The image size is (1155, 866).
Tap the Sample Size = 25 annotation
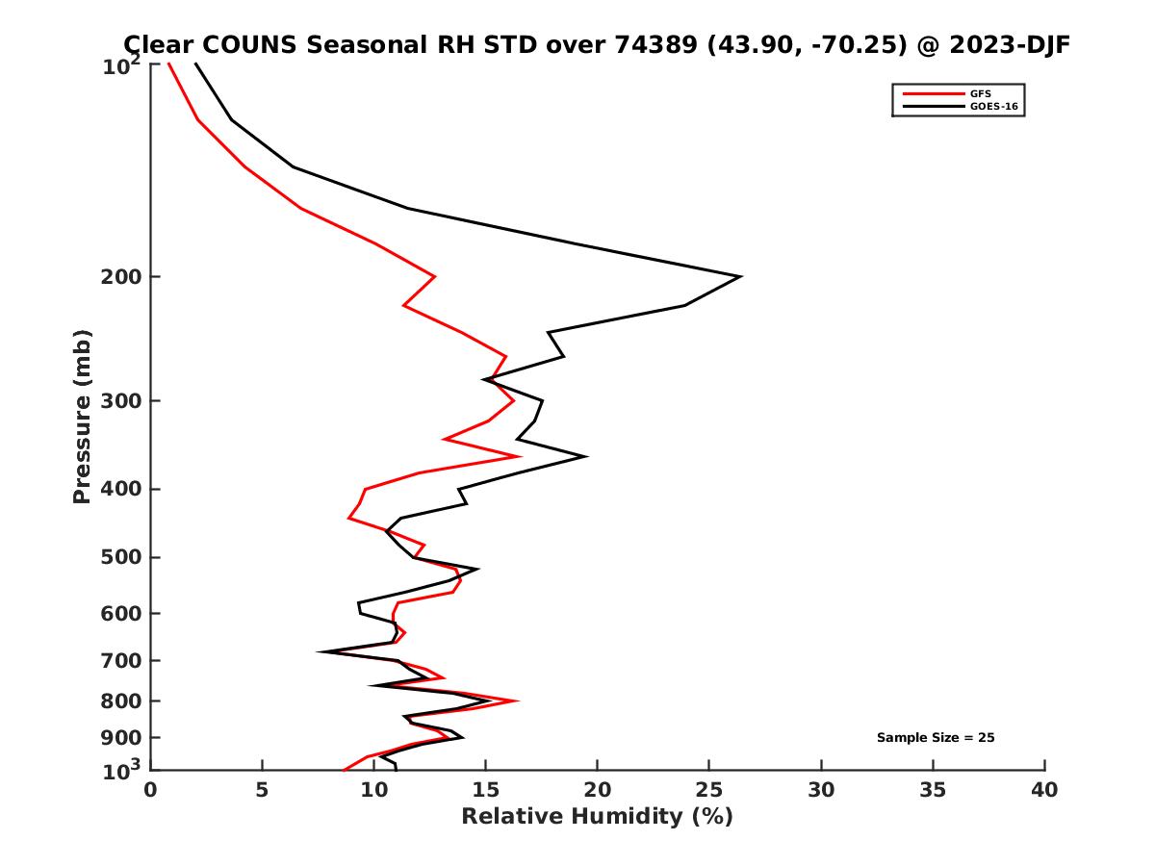click(x=935, y=737)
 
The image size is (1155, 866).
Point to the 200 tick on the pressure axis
click(x=122, y=277)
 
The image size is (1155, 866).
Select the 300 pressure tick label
click(x=122, y=400)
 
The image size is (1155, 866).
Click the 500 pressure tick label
click(x=122, y=557)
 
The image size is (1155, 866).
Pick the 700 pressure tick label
click(x=122, y=660)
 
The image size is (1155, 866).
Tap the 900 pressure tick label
click(x=122, y=737)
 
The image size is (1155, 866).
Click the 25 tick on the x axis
click(x=709, y=790)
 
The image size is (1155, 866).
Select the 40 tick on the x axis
click(x=1044, y=790)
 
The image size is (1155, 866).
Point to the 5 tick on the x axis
click(x=262, y=790)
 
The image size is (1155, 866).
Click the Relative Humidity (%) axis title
click(x=597, y=817)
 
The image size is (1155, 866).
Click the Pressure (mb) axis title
click(x=82, y=416)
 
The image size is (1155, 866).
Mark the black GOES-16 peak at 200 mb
click(x=740, y=277)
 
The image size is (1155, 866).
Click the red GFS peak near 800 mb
click(x=518, y=701)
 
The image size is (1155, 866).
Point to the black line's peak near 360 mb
click(x=586, y=456)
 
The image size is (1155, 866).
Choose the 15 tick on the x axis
click(x=485, y=790)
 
